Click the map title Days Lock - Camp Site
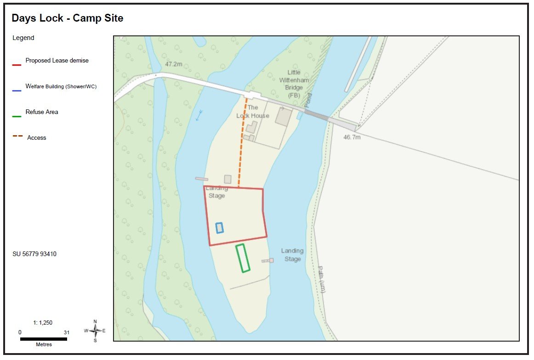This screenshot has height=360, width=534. pyautogui.click(x=68, y=18)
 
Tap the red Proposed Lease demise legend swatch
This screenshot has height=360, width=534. pyautogui.click(x=17, y=65)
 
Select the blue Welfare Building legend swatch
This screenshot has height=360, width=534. pyautogui.click(x=17, y=91)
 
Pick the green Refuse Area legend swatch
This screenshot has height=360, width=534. pyautogui.click(x=17, y=116)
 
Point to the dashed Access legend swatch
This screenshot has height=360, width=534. pyautogui.click(x=17, y=136)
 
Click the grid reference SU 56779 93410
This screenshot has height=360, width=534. pyautogui.click(x=34, y=254)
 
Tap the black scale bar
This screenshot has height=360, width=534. pyautogui.click(x=43, y=339)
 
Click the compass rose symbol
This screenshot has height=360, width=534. pyautogui.click(x=95, y=331)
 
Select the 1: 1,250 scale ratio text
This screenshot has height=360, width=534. pyautogui.click(x=43, y=323)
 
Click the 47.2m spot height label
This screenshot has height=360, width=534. pyautogui.click(x=174, y=64)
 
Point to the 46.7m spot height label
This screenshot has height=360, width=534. pyautogui.click(x=352, y=137)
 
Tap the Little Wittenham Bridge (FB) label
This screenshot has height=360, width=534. pyautogui.click(x=294, y=84)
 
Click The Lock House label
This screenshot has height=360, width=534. pyautogui.click(x=253, y=112)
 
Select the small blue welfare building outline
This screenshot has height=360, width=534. pyautogui.click(x=220, y=228)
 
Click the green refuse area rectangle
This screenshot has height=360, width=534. pyautogui.click(x=243, y=258)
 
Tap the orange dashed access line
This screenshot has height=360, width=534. pyautogui.click(x=242, y=143)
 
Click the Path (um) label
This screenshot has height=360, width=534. pyautogui.click(x=322, y=279)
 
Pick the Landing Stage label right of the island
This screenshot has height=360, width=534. pyautogui.click(x=292, y=255)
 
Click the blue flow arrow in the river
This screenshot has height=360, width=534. pyautogui.click(x=199, y=115)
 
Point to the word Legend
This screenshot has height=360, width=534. pyautogui.click(x=23, y=38)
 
